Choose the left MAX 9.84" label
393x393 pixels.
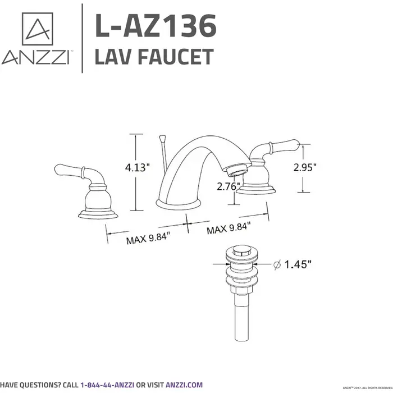tap(148, 240)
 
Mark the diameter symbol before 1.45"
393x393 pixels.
tap(277, 264)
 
